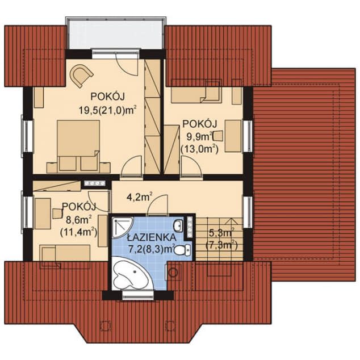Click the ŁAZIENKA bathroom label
click(x=152, y=237)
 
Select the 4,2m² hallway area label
click(x=139, y=197)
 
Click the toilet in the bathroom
click(x=183, y=250)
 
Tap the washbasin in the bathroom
click(x=179, y=225)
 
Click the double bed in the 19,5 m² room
click(x=78, y=145)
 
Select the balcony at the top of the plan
click(x=115, y=34)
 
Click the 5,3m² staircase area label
click(x=221, y=234)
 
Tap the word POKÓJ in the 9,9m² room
click(x=199, y=124)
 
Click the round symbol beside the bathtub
click(x=173, y=273)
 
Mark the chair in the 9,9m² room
click(x=218, y=136)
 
